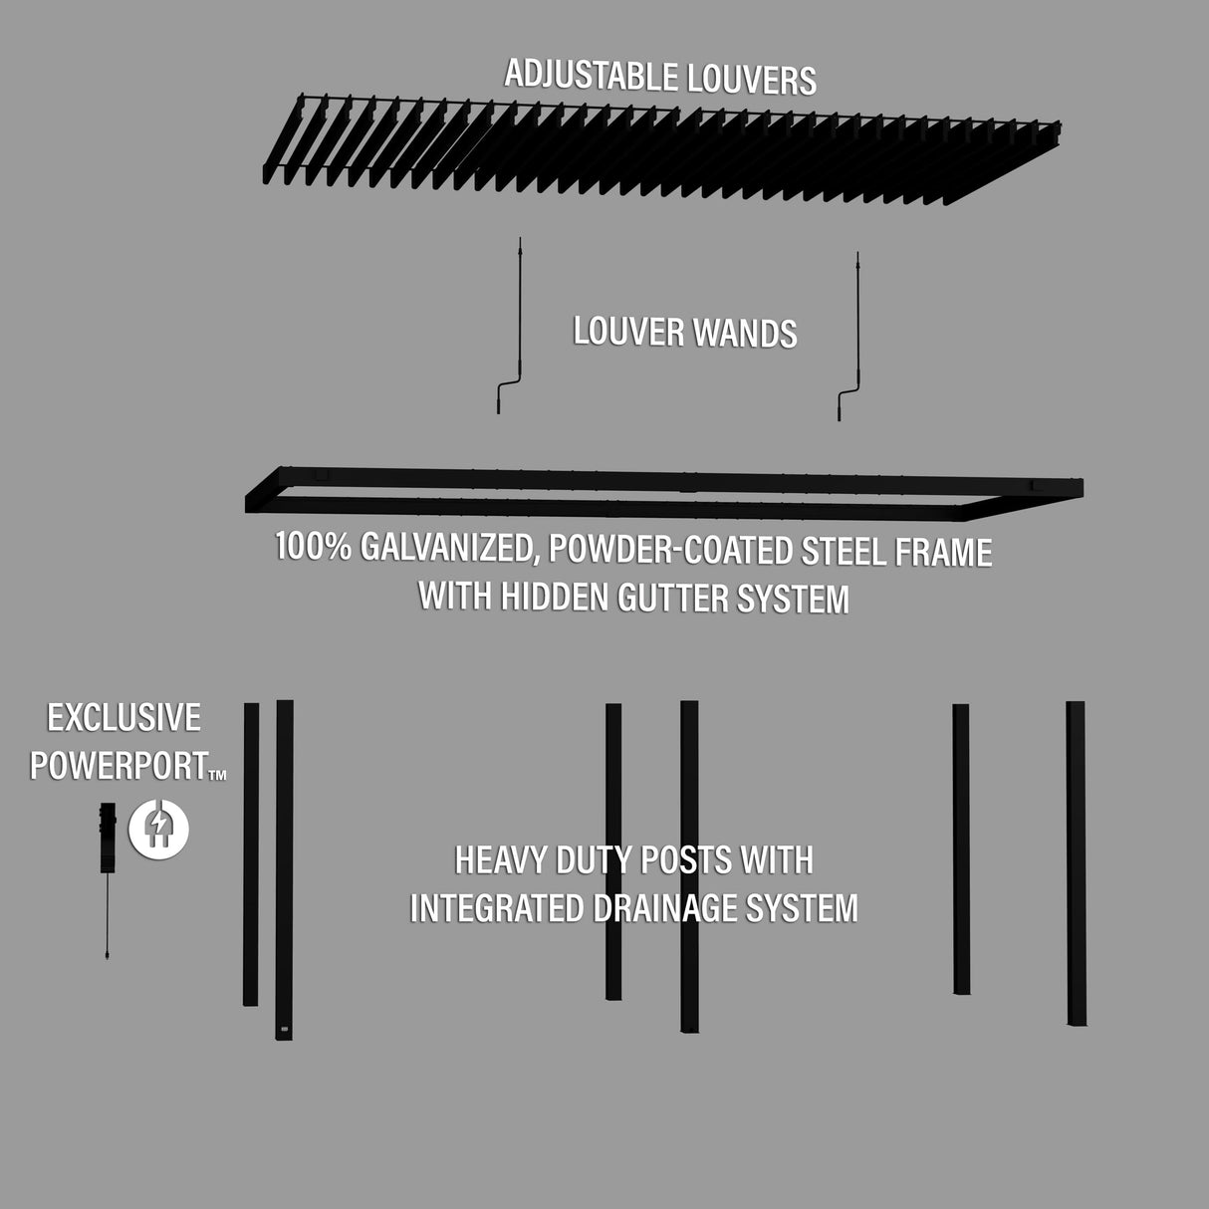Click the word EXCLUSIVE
[x=123, y=718]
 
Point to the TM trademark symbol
[x=217, y=775]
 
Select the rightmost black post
[x=1076, y=862]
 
